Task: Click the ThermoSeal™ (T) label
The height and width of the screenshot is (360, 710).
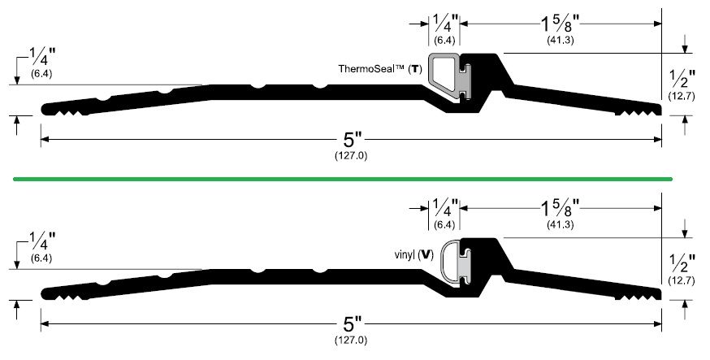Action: (x=380, y=69)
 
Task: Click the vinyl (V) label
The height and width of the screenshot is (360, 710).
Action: (x=414, y=255)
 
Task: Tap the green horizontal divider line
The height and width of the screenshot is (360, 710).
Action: (x=343, y=180)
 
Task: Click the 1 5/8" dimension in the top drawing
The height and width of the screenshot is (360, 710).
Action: (x=561, y=23)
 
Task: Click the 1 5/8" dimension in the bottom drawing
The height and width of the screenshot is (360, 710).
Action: (x=561, y=208)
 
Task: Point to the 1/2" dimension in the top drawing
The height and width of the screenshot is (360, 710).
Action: (x=682, y=79)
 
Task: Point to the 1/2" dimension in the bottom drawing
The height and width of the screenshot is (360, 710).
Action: (x=682, y=263)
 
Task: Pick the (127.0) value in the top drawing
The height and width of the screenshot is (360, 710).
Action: (x=351, y=155)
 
